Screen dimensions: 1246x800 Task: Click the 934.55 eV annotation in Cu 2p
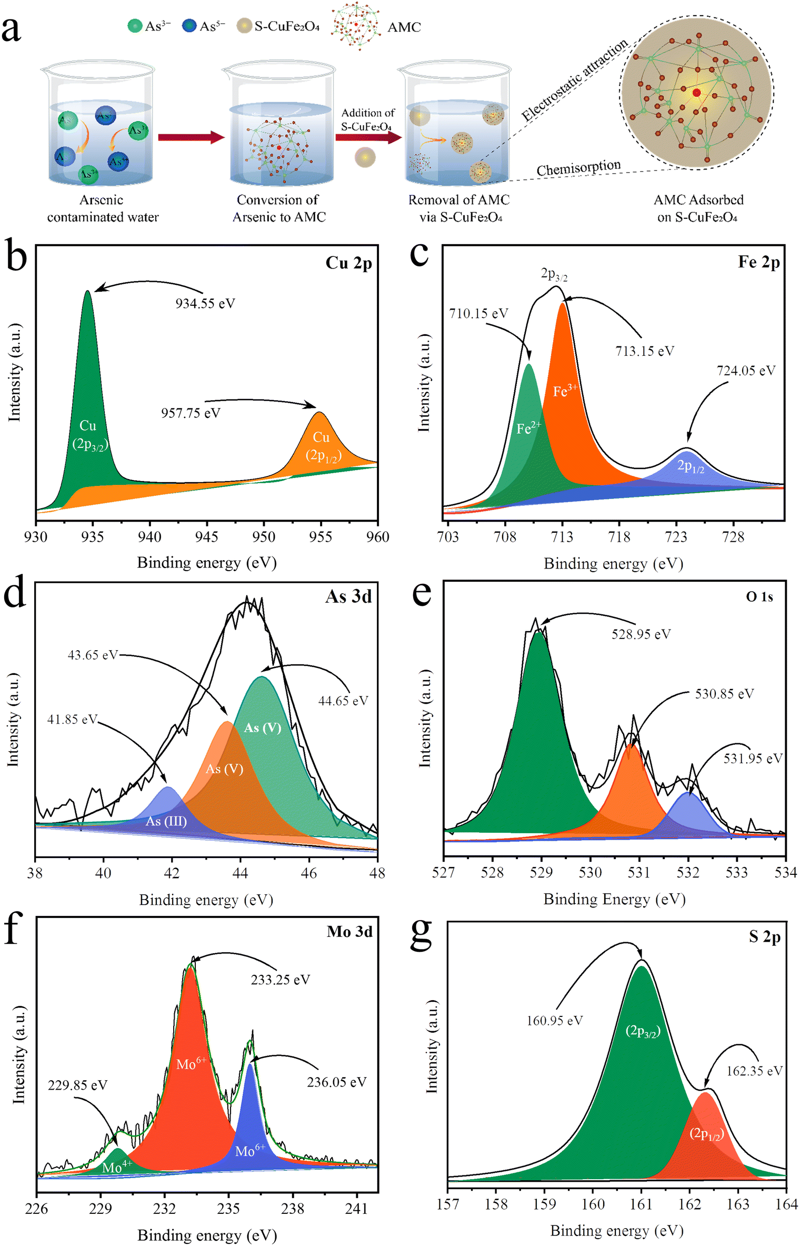[205, 304]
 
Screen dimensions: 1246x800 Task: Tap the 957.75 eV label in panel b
[191, 413]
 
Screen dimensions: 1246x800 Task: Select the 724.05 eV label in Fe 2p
[745, 371]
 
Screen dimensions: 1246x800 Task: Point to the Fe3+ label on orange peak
[564, 391]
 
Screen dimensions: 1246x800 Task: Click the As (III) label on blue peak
[166, 821]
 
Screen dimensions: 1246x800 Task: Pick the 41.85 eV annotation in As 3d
[72, 720]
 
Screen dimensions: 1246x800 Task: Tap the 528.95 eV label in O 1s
[641, 634]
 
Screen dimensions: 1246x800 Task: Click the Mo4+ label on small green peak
[116, 1167]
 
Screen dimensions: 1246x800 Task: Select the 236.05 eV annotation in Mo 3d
[336, 1082]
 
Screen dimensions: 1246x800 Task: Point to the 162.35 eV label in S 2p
[754, 1071]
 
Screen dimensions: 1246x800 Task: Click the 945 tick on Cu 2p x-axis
[206, 537]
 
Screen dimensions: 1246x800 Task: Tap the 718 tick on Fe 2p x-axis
[619, 537]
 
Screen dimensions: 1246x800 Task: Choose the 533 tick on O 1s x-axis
[736, 873]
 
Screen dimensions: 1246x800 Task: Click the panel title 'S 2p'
[764, 936]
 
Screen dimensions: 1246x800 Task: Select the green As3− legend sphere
[135, 26]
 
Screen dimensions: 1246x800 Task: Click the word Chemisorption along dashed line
[578, 168]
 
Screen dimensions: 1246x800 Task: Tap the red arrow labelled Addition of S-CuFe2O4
[368, 138]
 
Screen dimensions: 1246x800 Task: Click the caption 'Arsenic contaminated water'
[103, 208]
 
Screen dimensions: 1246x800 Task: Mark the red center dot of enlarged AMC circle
[696, 93]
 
